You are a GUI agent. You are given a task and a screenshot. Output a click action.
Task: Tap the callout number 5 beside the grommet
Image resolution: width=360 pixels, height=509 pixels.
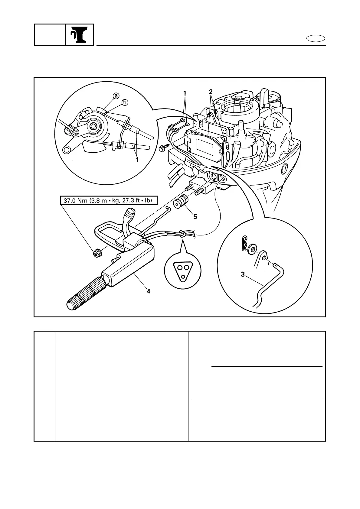(x=195, y=216)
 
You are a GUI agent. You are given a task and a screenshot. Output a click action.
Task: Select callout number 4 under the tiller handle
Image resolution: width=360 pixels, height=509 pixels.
(x=148, y=291)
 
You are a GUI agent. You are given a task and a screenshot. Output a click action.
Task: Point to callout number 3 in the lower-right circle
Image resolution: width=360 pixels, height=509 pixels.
(x=243, y=274)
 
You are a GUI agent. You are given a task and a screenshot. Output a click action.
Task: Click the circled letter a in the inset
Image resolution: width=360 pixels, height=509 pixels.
(x=116, y=96)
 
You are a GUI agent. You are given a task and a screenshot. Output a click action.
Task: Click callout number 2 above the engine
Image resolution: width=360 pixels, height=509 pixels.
(x=211, y=91)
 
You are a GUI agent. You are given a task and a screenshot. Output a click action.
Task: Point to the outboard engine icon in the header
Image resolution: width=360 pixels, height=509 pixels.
(x=79, y=35)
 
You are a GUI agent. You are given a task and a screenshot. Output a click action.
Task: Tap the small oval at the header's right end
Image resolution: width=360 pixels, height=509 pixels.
(x=316, y=39)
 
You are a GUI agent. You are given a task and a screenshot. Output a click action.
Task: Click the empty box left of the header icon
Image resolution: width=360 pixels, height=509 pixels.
(x=50, y=35)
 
